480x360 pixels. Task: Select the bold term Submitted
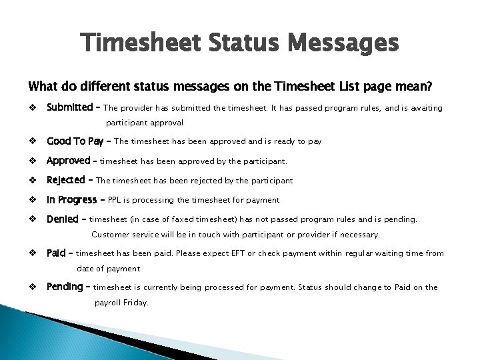(69, 108)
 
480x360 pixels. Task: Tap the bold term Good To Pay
(74, 141)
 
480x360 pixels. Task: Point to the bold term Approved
(68, 161)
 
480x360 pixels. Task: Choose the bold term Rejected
(66, 180)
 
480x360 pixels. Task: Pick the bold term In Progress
(71, 199)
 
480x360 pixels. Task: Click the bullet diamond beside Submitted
(31, 108)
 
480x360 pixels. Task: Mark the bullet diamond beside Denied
(31, 219)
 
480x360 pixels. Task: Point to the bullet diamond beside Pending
(31, 287)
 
